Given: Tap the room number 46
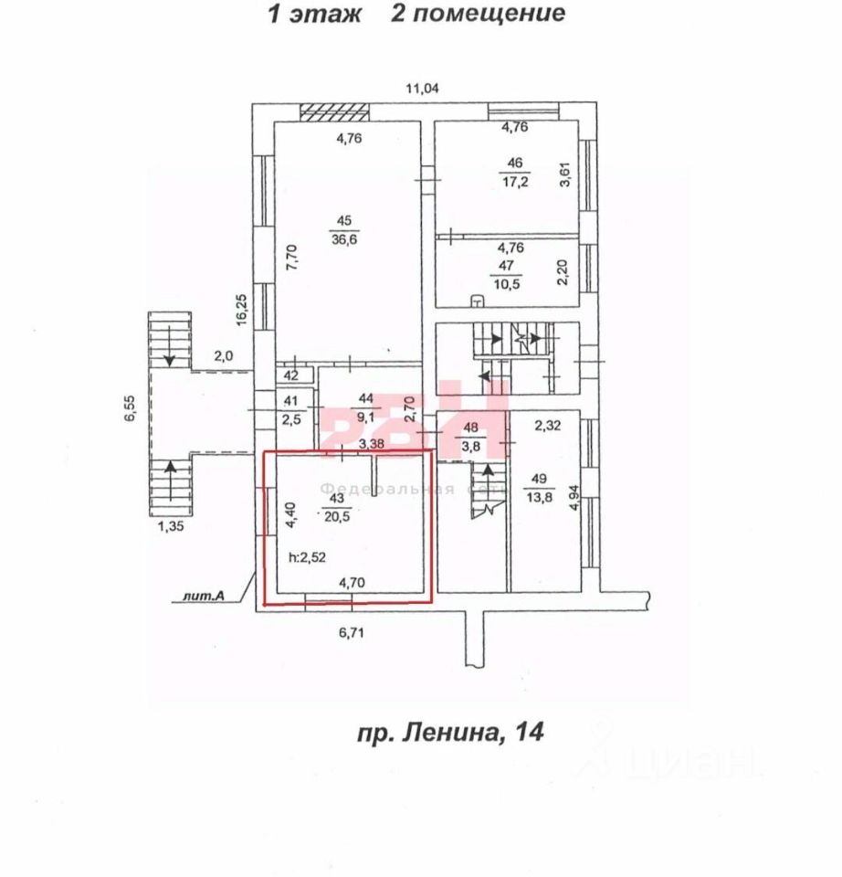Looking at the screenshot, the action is pos(516,164).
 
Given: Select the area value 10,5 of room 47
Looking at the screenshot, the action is pos(506,283).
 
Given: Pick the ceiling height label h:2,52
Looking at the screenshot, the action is pos(308,555).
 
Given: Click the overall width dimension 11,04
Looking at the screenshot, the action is pos(423,89).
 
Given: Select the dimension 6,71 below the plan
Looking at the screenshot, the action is pos(353,631).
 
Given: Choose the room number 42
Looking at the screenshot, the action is pos(290,375).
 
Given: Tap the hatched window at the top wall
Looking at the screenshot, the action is pos(335,111).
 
